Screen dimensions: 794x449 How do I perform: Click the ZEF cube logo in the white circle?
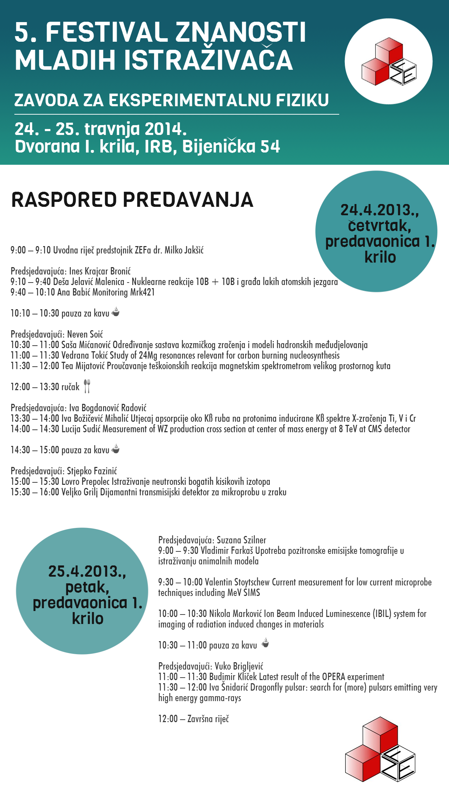click(x=389, y=62)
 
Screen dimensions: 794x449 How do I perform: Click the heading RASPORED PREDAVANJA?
click(x=132, y=200)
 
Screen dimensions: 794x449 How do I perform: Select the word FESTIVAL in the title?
click(x=107, y=32)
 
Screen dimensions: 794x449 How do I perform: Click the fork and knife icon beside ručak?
click(x=87, y=386)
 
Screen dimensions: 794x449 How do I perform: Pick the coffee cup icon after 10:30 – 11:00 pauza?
click(x=266, y=643)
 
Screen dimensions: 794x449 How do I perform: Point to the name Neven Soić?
click(x=85, y=334)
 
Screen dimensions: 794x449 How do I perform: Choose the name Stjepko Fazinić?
click(x=92, y=471)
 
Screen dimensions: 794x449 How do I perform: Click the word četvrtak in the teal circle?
click(x=379, y=226)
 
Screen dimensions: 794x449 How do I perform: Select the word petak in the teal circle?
click(x=87, y=587)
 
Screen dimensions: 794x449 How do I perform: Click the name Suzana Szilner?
click(x=241, y=540)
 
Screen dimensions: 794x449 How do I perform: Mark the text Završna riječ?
click(x=208, y=719)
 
